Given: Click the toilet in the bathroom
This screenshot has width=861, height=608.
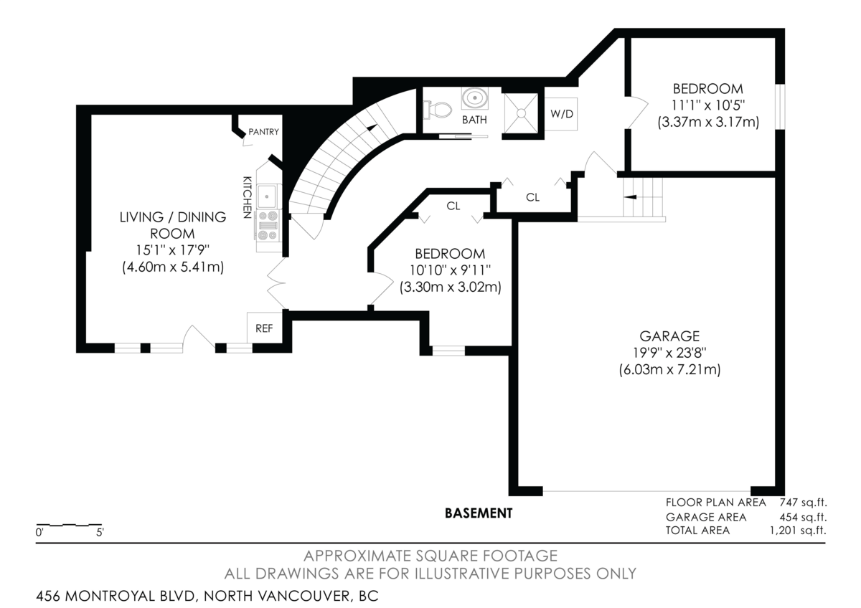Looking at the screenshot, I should point(438,110).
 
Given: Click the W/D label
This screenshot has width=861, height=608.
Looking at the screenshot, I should point(563,114).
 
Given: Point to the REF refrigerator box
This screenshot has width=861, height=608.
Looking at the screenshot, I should point(264,329).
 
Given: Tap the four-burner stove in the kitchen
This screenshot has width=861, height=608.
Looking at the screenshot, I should point(268,224).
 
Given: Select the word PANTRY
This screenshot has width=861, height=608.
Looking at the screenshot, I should point(263,132).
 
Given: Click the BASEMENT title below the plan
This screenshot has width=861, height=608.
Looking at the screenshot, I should point(479,513).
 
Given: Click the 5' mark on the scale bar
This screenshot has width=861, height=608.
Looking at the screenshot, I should point(100,533).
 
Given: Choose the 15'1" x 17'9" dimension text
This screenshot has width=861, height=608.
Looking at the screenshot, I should point(172,250).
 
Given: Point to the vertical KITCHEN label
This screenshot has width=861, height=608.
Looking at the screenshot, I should point(247,196).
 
